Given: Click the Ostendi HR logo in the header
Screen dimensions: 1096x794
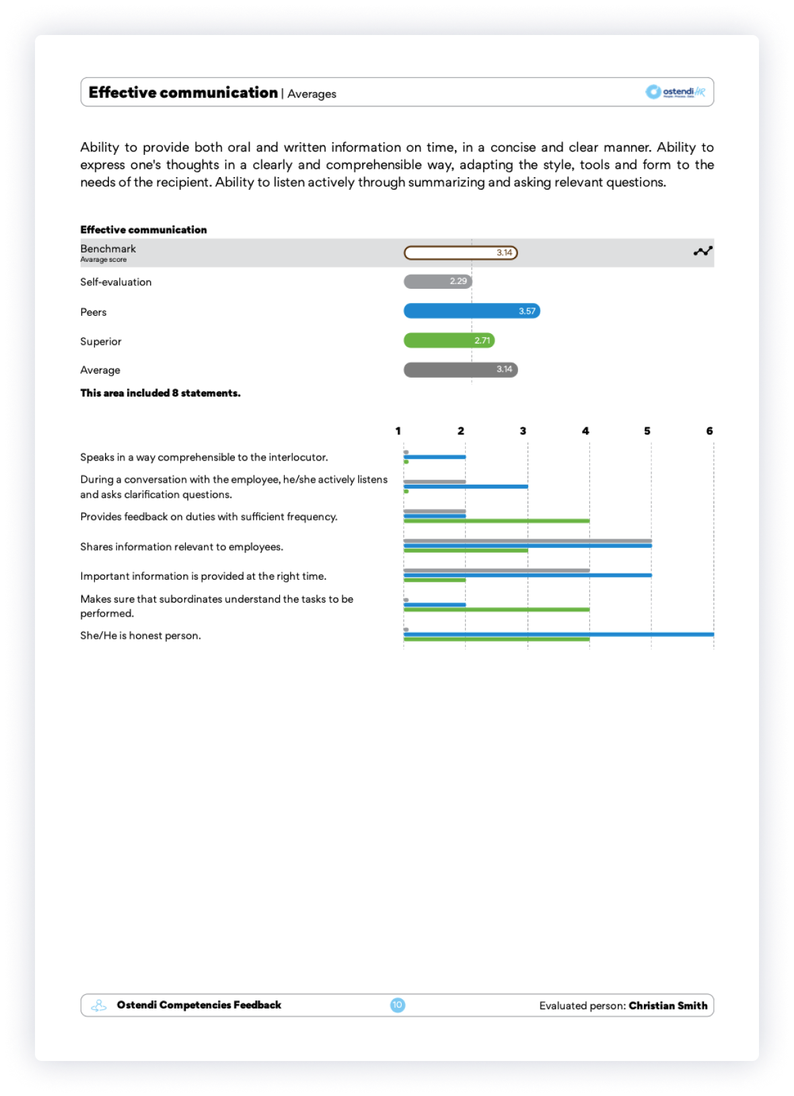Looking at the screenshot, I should [675, 92].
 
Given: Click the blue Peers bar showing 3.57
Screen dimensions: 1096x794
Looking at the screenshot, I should [471, 311].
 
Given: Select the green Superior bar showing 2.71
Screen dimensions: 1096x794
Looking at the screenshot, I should [449, 341].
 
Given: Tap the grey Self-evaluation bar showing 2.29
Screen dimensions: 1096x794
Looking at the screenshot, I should [437, 281].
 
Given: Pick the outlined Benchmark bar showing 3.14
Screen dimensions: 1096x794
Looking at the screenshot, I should [460, 253].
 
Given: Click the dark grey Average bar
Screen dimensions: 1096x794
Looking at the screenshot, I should [460, 370].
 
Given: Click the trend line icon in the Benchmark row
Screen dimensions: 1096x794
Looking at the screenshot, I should [702, 251].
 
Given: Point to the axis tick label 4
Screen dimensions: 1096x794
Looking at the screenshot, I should [585, 431].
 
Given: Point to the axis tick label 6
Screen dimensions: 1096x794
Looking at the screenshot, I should [709, 431].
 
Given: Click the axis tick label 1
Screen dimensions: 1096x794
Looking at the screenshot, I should [398, 431].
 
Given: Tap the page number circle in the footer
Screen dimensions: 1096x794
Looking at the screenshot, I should [398, 1005].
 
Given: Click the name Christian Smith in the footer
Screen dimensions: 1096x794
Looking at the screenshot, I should [668, 1006].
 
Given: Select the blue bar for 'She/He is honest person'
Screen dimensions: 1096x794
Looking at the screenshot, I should [558, 634].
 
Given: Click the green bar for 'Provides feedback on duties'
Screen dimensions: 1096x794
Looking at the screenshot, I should [497, 521].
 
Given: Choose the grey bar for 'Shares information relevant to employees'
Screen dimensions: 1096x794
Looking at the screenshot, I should [528, 541].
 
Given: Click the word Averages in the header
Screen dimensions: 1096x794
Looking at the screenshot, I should [312, 94].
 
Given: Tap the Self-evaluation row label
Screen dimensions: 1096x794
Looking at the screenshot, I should [116, 282].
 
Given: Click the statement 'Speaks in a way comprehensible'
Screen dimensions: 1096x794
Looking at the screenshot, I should [204, 457].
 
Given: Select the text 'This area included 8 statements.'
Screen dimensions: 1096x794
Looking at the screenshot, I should [160, 393].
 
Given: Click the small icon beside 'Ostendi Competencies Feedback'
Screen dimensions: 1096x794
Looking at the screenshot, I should [99, 1006].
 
